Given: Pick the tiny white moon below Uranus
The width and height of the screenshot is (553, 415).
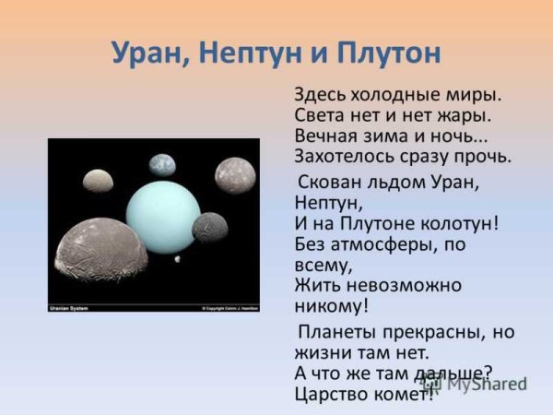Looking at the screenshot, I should click(178, 261).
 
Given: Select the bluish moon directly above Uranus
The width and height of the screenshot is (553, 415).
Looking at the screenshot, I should click(161, 165).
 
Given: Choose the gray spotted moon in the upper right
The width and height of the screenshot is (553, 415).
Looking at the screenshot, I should click(235, 175).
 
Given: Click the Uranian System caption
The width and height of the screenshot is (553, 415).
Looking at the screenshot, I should click(70, 307).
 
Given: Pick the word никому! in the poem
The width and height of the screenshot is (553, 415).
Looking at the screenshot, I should click(333, 305).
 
